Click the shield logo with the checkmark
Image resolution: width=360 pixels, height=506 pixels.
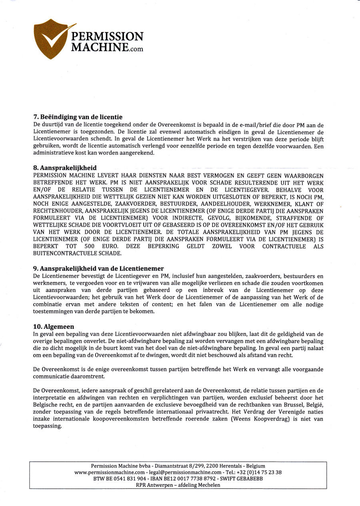[x=51, y=38]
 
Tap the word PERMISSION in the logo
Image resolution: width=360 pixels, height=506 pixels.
[x=107, y=37]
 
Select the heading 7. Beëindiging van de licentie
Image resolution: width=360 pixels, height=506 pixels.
[x=78, y=118]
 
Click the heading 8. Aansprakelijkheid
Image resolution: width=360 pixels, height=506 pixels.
[x=65, y=168]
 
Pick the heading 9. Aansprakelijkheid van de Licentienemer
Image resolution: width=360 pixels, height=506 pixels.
[x=98, y=268]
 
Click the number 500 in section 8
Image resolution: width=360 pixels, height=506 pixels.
[x=90, y=246]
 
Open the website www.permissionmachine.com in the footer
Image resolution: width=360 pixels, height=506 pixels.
[x=110, y=472]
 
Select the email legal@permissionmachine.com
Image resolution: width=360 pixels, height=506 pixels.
[x=182, y=472]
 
